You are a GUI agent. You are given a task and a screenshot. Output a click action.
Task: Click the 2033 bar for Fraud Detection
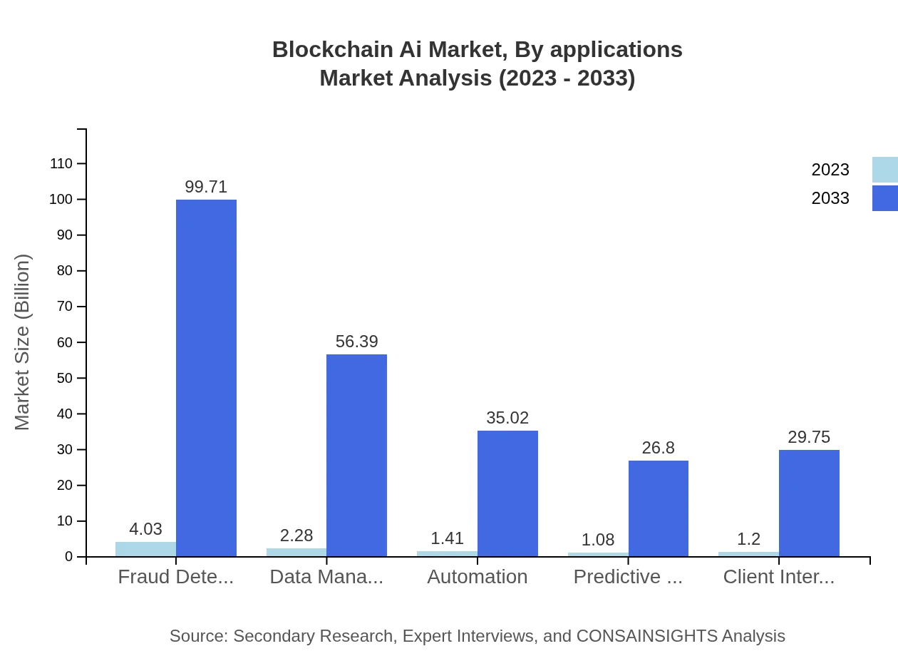click(206, 378)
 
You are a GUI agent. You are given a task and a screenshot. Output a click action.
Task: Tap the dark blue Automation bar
click(507, 493)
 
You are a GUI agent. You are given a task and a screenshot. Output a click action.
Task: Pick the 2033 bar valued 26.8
click(658, 508)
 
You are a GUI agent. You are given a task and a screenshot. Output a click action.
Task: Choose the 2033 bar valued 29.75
click(809, 503)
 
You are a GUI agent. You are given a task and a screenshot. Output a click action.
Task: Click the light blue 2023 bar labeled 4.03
click(145, 549)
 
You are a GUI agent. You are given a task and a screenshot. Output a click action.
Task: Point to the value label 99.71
click(206, 187)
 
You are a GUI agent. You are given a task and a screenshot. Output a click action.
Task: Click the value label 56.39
click(356, 342)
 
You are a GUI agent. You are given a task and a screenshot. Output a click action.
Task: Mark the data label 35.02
click(507, 418)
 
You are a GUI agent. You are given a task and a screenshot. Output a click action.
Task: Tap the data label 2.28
click(296, 535)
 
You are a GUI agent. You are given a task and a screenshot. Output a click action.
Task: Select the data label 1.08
click(598, 540)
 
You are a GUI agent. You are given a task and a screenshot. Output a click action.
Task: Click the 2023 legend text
click(830, 170)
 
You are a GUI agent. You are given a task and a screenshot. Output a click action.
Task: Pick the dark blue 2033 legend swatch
click(884, 198)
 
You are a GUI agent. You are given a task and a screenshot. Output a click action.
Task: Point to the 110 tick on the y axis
click(61, 163)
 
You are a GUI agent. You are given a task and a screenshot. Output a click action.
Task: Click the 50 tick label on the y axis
click(65, 378)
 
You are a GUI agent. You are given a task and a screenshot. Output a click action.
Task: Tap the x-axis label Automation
click(478, 577)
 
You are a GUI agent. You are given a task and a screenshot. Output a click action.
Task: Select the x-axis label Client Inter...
click(778, 577)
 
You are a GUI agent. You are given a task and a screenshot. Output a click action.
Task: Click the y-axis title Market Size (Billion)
click(23, 342)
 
